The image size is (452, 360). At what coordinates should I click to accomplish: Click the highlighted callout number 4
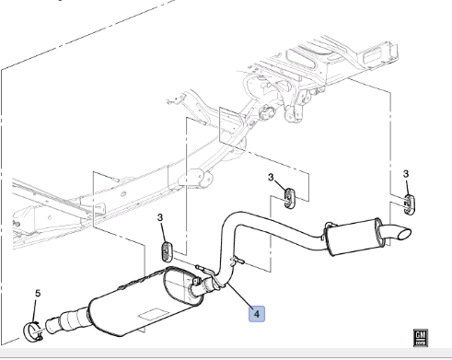click(x=257, y=314)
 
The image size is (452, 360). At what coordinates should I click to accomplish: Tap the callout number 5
click(x=38, y=294)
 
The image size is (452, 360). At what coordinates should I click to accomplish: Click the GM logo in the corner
click(x=420, y=338)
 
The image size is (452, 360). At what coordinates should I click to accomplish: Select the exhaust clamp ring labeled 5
click(x=32, y=332)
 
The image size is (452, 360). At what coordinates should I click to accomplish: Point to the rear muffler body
click(x=353, y=237)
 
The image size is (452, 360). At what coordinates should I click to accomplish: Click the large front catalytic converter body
click(x=145, y=302)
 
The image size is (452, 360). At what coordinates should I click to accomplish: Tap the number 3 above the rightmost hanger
click(x=406, y=174)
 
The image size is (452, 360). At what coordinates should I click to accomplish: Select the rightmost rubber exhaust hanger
click(x=409, y=204)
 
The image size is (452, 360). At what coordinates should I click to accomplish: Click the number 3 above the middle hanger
click(x=271, y=177)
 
